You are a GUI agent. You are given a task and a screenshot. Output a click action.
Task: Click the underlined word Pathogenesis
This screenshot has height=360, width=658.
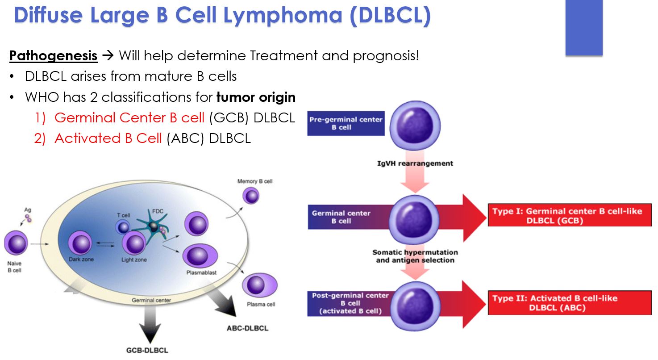pos(53,56)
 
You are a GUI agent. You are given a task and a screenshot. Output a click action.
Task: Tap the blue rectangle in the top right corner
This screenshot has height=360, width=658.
pos(583,28)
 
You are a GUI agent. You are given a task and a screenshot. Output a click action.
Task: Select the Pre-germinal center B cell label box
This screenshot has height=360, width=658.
pos(346,123)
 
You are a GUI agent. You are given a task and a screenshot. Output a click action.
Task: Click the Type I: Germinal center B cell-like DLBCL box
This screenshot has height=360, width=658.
pos(570,216)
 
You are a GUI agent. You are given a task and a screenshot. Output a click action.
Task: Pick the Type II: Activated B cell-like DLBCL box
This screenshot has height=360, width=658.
pos(570,303)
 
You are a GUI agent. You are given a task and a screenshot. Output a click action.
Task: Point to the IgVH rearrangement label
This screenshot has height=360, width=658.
pos(415,163)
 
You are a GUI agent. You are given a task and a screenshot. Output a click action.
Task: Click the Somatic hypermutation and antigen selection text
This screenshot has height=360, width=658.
pos(415,256)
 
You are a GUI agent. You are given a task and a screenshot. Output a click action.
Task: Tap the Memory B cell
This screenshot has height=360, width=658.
pos(251,195)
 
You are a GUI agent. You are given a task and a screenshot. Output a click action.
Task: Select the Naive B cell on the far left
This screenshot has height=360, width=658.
pos(16,244)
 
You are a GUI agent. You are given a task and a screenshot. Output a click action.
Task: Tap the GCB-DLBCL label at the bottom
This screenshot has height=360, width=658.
pos(147,350)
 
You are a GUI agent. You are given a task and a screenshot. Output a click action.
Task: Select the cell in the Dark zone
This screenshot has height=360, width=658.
pos(80,244)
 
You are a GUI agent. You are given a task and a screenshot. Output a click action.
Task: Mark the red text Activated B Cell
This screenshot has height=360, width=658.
pos(108,138)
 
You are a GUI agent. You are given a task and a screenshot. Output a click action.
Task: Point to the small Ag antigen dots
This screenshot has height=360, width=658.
pos(29,218)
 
